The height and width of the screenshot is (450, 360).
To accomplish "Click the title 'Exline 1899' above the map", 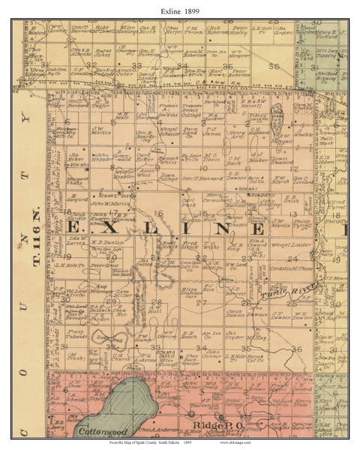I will click(x=180, y=8).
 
